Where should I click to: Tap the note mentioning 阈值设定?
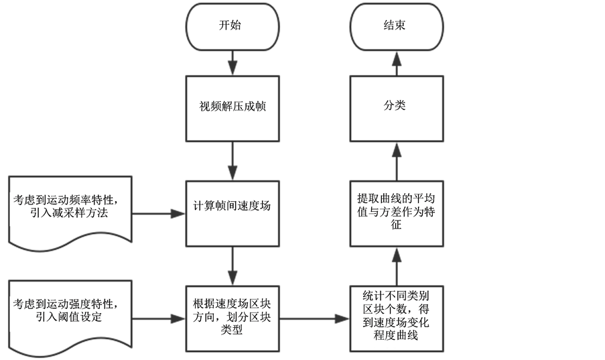tap(67, 311)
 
